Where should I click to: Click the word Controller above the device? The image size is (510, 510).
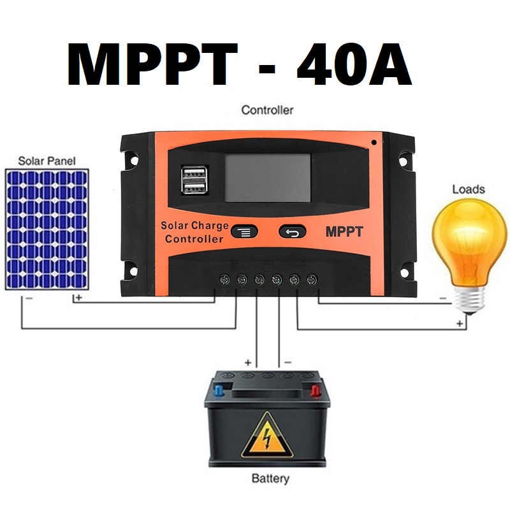pos(267,110)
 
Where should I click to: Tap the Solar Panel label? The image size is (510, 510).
pos(46,161)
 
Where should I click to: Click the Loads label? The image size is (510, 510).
pos(468,189)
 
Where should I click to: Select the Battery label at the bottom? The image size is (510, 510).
pos(270,478)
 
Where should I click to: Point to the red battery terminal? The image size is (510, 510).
pos(314,389)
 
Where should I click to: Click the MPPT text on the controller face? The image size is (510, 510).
pos(344,232)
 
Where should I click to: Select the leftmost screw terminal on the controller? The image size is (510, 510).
pos(224,279)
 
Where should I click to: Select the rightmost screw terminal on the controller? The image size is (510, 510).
pos(312,279)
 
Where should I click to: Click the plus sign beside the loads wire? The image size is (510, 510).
pos(460,324)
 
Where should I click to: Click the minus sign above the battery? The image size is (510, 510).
pos(288,362)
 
